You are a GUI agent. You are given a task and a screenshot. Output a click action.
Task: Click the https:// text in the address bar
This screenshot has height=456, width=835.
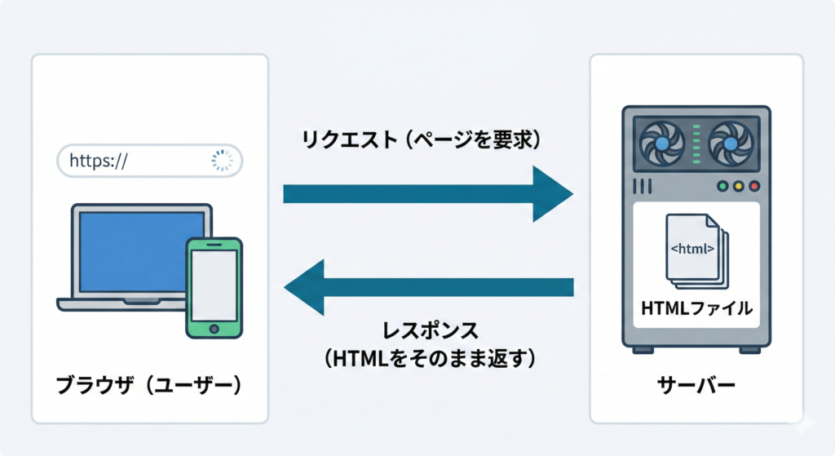(x=98, y=161)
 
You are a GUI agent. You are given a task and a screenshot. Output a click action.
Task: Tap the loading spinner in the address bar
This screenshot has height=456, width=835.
(x=222, y=161)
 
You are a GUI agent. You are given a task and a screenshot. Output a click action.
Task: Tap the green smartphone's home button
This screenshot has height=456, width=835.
(x=214, y=328)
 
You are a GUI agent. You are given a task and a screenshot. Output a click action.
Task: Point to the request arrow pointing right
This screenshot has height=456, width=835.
(x=427, y=193)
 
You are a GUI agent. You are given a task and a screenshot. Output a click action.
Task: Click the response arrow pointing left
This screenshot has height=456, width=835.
(x=427, y=287)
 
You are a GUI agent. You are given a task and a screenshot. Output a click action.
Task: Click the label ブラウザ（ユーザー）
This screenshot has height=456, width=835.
(x=150, y=386)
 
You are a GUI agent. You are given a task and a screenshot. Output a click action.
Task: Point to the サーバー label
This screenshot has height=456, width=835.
(x=696, y=386)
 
